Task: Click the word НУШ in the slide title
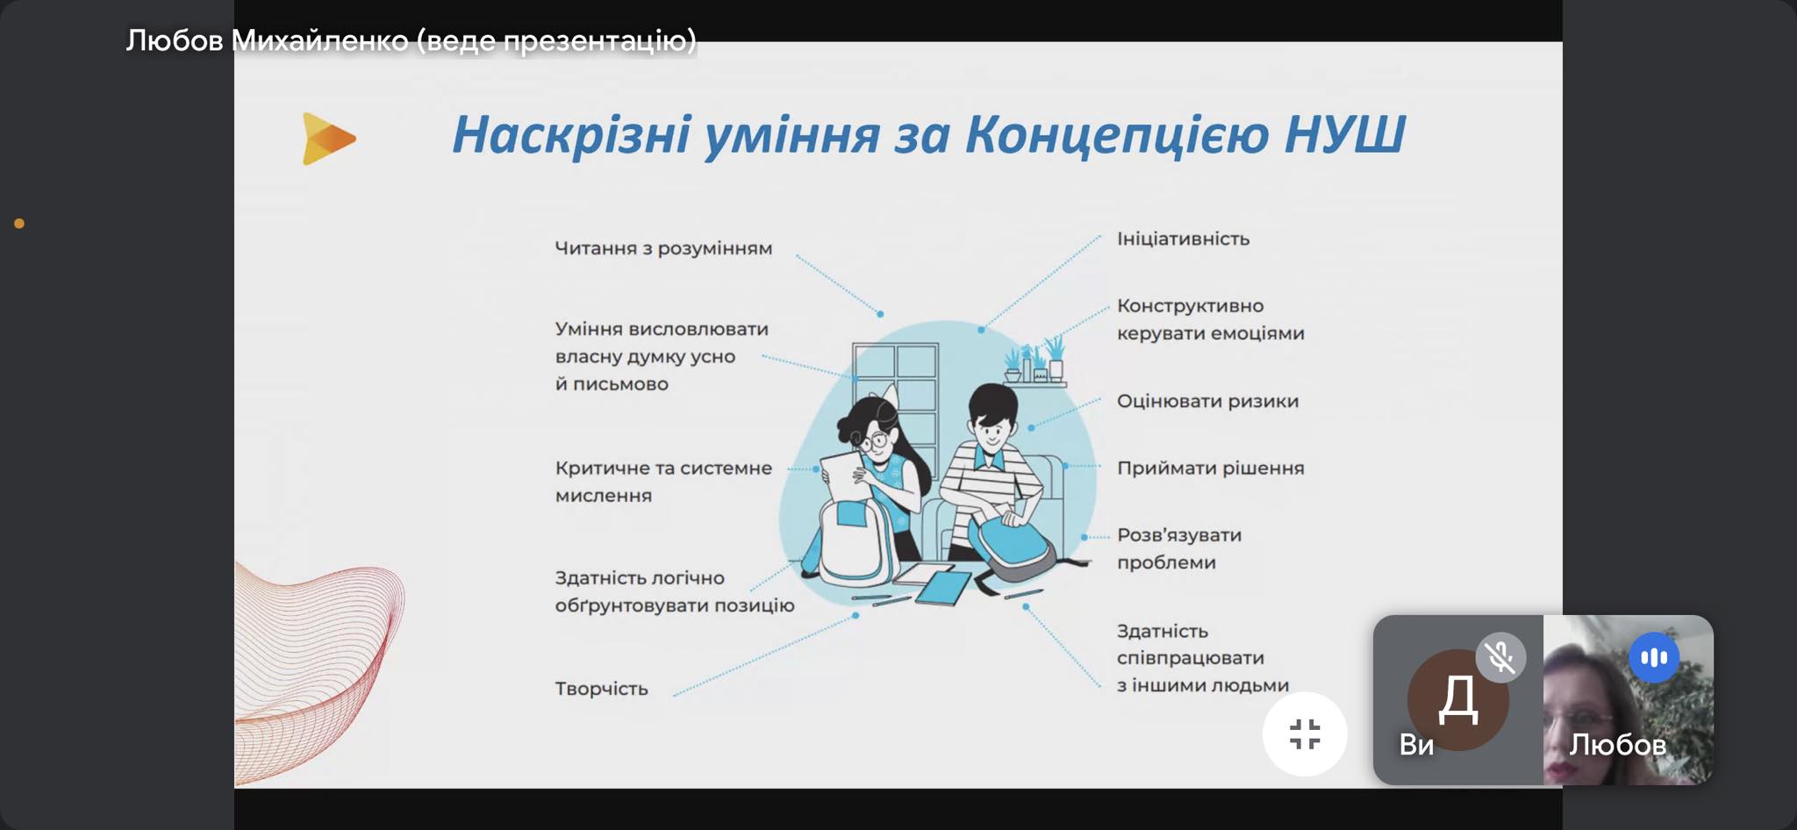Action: [x=1344, y=134]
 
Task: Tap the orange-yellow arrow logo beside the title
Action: [x=328, y=139]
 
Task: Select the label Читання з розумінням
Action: [x=663, y=248]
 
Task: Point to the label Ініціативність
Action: [x=1183, y=239]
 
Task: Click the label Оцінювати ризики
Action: [x=1207, y=401]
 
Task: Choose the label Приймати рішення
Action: [x=1210, y=468]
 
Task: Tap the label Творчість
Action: [x=601, y=689]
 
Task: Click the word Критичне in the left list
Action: [x=601, y=468]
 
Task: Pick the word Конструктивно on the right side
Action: [x=1190, y=306]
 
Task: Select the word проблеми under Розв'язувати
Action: [x=1166, y=562]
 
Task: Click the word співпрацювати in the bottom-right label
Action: [x=1190, y=658]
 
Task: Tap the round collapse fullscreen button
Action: [x=1305, y=734]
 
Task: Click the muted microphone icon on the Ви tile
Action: [x=1500, y=657]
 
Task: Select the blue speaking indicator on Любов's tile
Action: [x=1654, y=657]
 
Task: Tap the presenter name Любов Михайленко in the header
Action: [x=267, y=40]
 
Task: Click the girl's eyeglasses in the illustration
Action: [x=871, y=440]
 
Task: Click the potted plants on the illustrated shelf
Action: [x=1035, y=359]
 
